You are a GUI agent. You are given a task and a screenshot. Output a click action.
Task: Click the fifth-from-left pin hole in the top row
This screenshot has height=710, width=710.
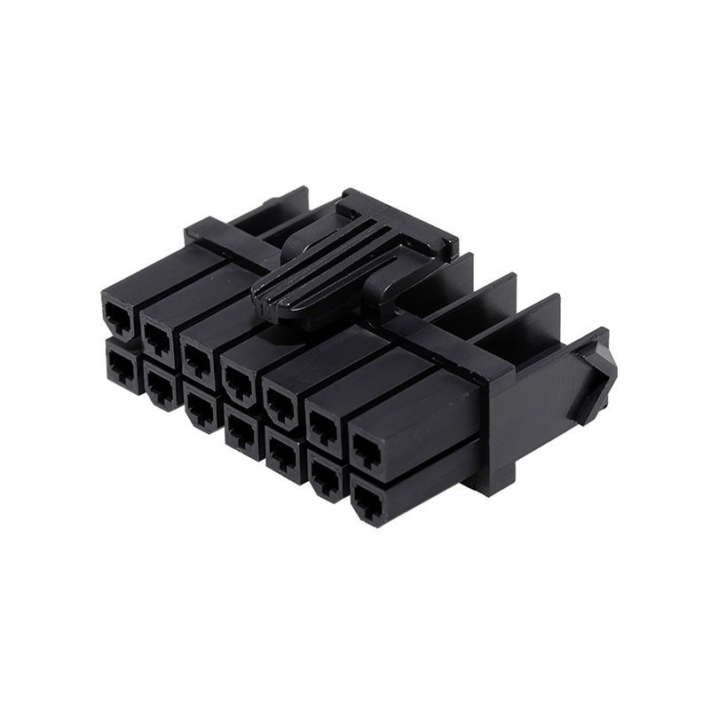pos(280,402)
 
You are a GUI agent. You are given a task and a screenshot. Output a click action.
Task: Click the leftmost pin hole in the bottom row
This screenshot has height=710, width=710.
pos(120,366)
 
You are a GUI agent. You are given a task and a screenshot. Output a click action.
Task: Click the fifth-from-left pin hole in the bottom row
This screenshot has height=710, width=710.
pos(282,454)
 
